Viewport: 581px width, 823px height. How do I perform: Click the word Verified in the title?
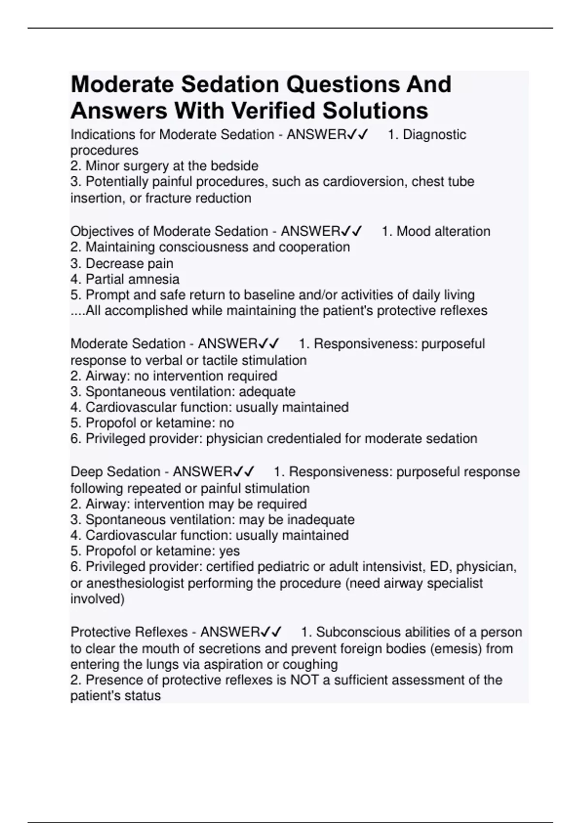[275, 110]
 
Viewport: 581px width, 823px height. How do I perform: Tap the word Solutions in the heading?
[375, 110]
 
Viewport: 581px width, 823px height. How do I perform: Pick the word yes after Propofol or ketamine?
[229, 551]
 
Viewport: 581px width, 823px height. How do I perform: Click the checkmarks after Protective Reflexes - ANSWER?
[271, 632]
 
